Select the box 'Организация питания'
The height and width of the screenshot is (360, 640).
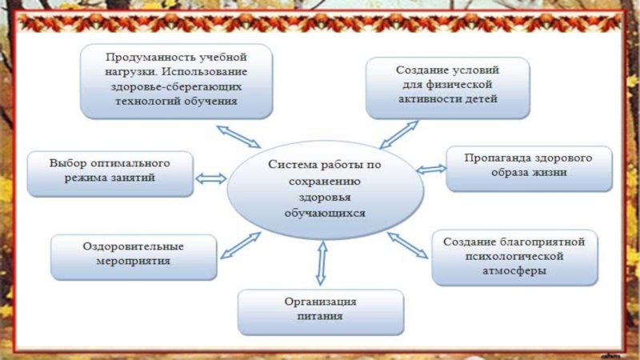click(321, 310)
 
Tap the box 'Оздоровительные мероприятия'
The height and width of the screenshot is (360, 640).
click(134, 257)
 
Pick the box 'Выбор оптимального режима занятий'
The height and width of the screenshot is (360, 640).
click(110, 173)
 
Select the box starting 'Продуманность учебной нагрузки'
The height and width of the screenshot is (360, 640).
click(176, 80)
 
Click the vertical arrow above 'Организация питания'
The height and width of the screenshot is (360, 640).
click(322, 262)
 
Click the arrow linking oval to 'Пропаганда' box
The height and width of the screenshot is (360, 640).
click(431, 169)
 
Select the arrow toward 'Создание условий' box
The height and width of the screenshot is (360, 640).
click(399, 134)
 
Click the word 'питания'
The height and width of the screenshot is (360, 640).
click(321, 317)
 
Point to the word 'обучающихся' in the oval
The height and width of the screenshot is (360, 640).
click(324, 214)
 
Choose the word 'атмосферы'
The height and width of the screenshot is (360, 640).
click(515, 271)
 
